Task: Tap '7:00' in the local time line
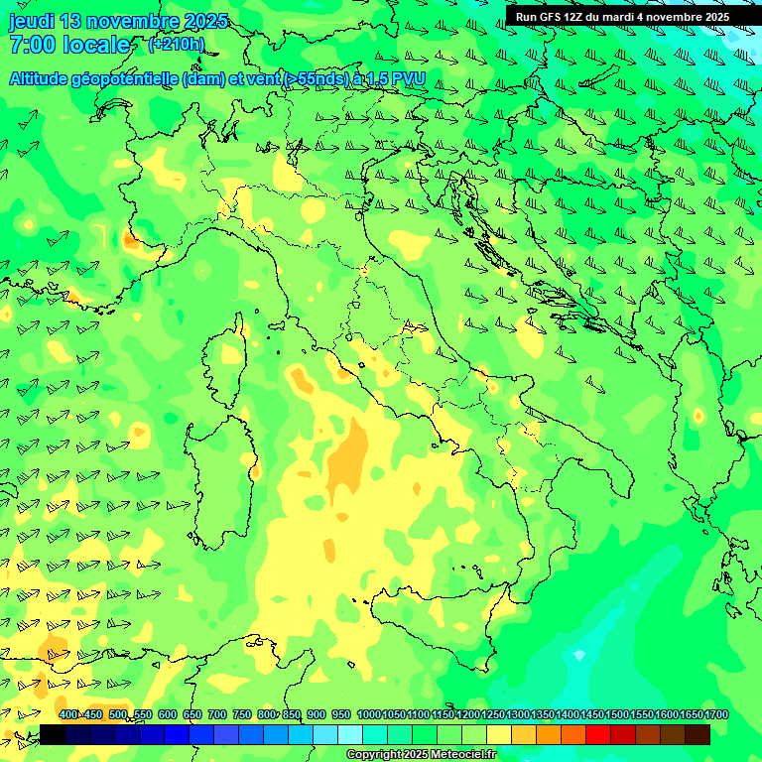(31, 45)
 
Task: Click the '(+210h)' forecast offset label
(176, 44)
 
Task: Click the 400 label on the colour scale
(68, 715)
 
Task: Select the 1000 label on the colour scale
(369, 715)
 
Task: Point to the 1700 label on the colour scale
(716, 715)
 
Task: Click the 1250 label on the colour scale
(493, 715)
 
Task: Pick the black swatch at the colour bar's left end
(53, 734)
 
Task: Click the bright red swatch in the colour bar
(598, 734)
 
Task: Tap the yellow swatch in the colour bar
(499, 734)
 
